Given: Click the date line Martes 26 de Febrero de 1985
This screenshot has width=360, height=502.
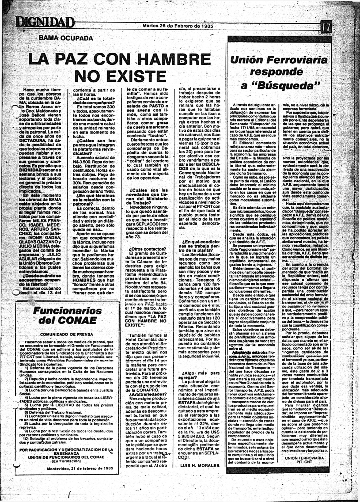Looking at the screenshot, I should (x=178, y=26).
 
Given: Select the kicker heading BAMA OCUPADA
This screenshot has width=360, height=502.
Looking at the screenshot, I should (x=66, y=38).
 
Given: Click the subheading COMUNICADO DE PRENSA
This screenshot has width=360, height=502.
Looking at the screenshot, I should (x=67, y=334).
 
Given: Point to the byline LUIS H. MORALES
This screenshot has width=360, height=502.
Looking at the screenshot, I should (x=200, y=465).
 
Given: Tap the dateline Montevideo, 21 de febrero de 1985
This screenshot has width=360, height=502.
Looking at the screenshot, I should (x=80, y=468).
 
